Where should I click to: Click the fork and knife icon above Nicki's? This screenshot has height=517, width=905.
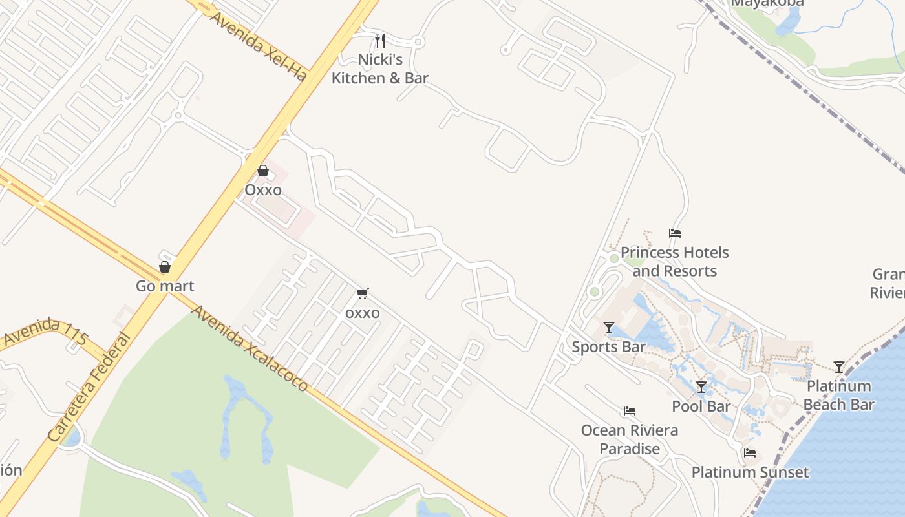click(x=380, y=41)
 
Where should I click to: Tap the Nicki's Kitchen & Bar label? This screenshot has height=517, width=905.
click(x=380, y=69)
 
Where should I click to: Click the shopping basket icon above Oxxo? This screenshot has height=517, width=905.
click(x=263, y=171)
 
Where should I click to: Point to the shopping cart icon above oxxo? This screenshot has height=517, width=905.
click(x=363, y=294)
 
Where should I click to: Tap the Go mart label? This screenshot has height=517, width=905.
click(x=165, y=286)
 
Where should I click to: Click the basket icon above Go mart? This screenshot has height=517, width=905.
click(x=165, y=267)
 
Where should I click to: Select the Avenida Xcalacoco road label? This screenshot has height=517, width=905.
click(x=250, y=349)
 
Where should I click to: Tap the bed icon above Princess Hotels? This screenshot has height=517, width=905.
click(x=675, y=233)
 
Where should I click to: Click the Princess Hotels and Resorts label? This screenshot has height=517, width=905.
click(x=675, y=261)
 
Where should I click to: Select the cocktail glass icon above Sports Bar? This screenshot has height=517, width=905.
click(x=608, y=328)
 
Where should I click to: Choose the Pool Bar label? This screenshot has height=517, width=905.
click(x=701, y=406)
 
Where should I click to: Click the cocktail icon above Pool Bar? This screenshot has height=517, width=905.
click(x=701, y=387)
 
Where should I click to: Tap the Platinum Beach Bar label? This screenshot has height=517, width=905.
click(x=839, y=396)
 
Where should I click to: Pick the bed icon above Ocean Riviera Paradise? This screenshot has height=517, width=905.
click(x=630, y=411)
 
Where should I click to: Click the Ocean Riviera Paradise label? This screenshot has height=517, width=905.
click(x=630, y=439)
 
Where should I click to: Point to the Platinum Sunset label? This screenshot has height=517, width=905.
click(x=750, y=472)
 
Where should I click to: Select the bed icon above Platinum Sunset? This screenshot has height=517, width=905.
click(x=750, y=453)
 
